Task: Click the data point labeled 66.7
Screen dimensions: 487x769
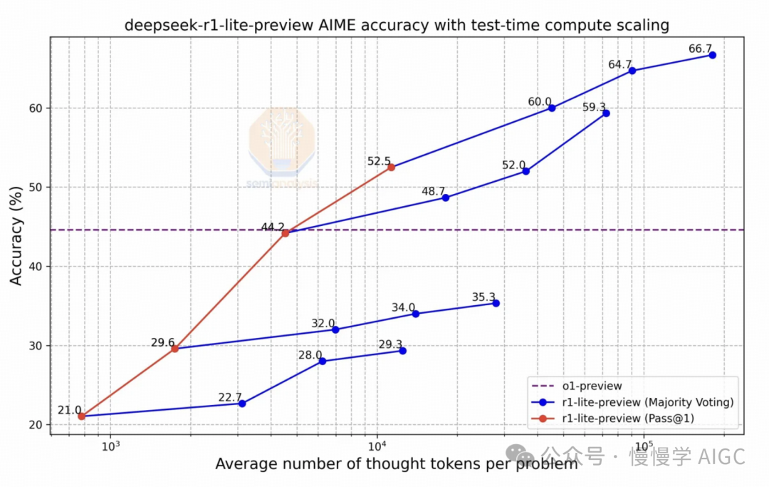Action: point(712,55)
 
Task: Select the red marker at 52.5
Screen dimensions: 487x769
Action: point(391,167)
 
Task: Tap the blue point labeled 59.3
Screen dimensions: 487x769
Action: point(606,113)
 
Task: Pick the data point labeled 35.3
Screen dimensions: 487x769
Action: point(496,303)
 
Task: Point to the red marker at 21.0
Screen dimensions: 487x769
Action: point(81,416)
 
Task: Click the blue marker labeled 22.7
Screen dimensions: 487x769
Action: point(242,404)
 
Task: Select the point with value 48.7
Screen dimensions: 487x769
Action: point(446,198)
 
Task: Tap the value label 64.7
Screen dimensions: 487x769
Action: point(619,65)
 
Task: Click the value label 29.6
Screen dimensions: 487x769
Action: point(162,343)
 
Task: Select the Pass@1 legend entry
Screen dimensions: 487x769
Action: point(627,419)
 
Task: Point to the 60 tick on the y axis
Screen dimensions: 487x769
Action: point(36,108)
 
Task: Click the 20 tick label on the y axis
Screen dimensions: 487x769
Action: point(36,425)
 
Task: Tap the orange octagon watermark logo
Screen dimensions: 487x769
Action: point(281,140)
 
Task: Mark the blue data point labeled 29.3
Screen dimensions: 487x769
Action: point(402,351)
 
